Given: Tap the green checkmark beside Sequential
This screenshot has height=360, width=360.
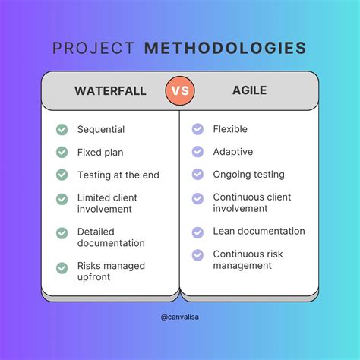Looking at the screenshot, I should coord(62,130).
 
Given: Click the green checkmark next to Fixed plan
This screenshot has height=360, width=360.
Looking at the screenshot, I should coord(62,152).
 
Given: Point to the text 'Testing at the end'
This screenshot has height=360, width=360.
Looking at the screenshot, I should coord(118,175).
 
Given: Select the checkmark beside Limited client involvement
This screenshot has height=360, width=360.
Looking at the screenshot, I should coord(62,198).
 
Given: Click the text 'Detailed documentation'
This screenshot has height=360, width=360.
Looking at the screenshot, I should coord(111,238).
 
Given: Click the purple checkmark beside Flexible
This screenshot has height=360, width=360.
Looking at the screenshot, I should coord(197,130).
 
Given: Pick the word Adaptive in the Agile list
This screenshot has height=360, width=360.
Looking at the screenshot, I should coord(232,152).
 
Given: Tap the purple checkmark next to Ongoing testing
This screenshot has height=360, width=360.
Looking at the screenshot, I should coord(197,175).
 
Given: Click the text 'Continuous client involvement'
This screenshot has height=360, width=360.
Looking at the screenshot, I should coord(251,203).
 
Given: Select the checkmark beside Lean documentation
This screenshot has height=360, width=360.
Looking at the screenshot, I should coord(197,232).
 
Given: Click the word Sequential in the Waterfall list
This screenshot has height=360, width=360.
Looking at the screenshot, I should coord(100,130).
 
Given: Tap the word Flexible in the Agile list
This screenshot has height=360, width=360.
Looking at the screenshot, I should coord(229,130).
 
